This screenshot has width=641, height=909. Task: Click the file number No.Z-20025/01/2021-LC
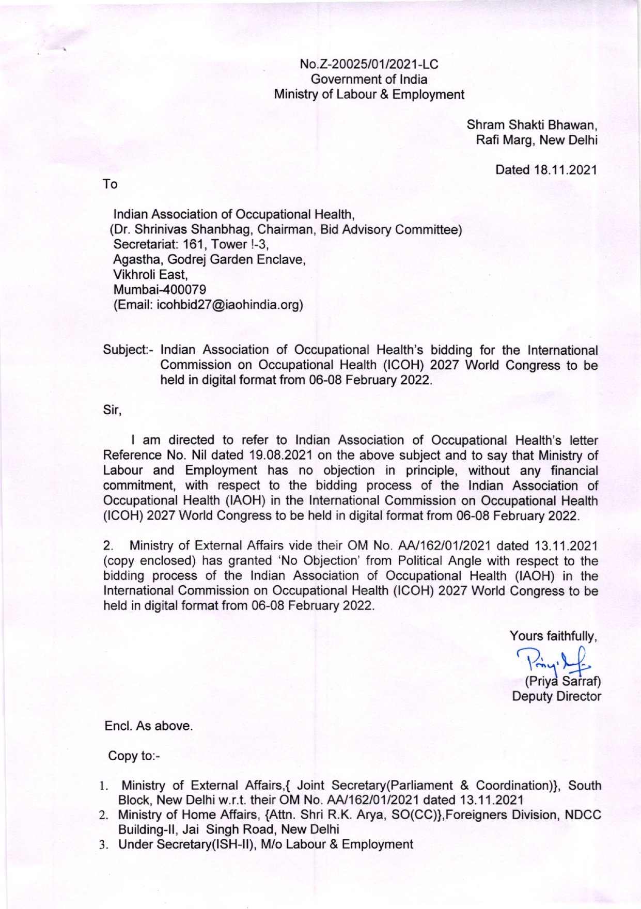click(x=369, y=65)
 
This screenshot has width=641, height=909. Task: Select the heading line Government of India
click(x=369, y=80)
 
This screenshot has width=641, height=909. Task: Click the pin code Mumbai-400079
click(x=160, y=290)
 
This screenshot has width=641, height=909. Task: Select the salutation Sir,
click(x=112, y=411)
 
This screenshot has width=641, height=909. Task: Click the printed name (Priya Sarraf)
click(x=562, y=681)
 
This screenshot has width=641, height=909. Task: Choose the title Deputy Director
click(x=556, y=696)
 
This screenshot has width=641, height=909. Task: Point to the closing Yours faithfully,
click(x=553, y=636)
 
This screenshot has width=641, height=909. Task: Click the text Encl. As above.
click(x=149, y=726)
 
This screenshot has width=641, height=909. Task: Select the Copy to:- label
click(x=134, y=756)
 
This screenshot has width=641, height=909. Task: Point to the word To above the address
click(x=110, y=184)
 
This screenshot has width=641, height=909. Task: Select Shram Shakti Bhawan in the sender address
click(x=532, y=125)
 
